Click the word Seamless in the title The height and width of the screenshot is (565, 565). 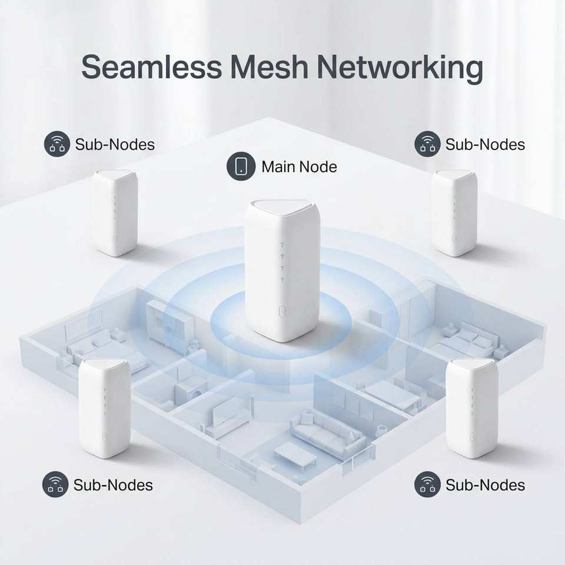152,67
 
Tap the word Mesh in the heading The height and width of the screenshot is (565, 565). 270,67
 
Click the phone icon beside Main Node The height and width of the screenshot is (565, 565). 241,166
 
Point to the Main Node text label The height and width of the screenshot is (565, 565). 299,167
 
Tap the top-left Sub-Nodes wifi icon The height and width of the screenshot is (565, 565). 57,144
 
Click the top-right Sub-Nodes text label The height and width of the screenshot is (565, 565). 485,145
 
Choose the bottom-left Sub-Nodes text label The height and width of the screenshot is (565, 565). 113,484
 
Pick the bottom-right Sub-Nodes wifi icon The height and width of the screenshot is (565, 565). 427,484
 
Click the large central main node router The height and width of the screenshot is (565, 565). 282,270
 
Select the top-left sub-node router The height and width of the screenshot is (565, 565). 114,212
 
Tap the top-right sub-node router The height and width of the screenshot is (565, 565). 454,212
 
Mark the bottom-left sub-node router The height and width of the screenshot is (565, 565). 105,408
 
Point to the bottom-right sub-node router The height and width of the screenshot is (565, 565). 472,408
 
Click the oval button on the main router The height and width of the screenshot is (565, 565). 282,311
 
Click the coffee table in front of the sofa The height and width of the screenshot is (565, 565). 295,455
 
